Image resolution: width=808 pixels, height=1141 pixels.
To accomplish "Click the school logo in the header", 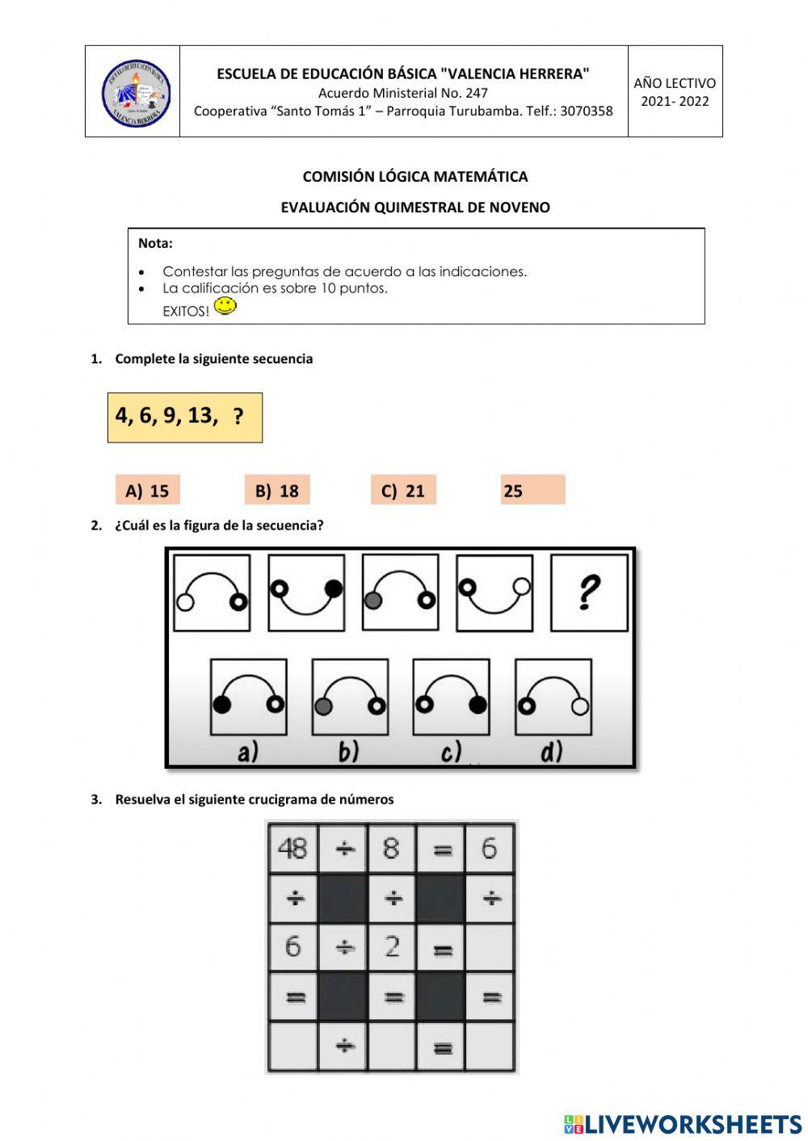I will pyautogui.click(x=135, y=93).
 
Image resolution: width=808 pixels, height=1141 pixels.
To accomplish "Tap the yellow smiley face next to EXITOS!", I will pyautogui.click(x=225, y=306).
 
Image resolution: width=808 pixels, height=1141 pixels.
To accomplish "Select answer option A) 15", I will pyautogui.click(x=147, y=490).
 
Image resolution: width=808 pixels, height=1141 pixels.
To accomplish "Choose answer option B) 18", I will pyautogui.click(x=277, y=490).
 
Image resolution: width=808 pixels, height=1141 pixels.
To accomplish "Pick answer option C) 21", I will pyautogui.click(x=403, y=490).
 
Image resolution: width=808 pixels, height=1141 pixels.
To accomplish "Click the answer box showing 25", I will pyautogui.click(x=532, y=490).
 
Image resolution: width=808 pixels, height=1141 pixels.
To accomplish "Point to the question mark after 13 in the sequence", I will pyautogui.click(x=238, y=417).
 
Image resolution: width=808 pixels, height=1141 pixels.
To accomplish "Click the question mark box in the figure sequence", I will pyautogui.click(x=589, y=592).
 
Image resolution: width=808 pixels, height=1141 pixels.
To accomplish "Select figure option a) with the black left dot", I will pyautogui.click(x=248, y=697).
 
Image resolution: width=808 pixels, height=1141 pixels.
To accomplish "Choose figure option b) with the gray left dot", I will pyautogui.click(x=349, y=697).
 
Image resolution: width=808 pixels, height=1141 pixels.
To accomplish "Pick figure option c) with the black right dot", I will pyautogui.click(x=450, y=697).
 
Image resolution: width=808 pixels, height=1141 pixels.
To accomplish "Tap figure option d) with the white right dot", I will pyautogui.click(x=553, y=697).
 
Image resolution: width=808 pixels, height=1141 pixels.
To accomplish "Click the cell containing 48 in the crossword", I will pyautogui.click(x=292, y=849).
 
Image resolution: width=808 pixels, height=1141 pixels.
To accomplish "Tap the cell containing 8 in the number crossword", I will pyautogui.click(x=392, y=849).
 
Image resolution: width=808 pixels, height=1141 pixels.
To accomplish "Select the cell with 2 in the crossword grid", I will pyautogui.click(x=392, y=946).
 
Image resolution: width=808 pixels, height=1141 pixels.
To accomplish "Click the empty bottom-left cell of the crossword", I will pyautogui.click(x=292, y=1047).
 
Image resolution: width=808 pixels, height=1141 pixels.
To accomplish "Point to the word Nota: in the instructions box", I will pyautogui.click(x=155, y=243).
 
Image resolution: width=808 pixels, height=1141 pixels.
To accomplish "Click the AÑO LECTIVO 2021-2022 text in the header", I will pyautogui.click(x=675, y=92).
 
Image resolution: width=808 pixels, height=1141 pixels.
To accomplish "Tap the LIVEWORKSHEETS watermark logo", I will pyautogui.click(x=683, y=1123).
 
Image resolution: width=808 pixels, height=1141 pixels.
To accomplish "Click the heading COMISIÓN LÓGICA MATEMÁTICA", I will pyautogui.click(x=415, y=176).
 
